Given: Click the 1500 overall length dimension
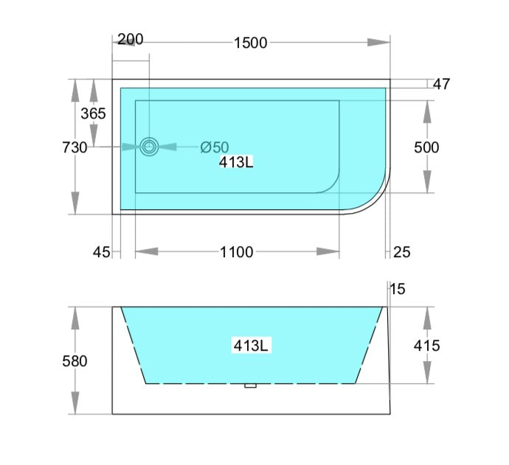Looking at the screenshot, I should tap(250, 43).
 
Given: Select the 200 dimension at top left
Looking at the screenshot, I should tap(130, 38).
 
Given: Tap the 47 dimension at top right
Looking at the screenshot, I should tap(441, 84).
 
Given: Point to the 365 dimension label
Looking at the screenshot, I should tap(93, 113).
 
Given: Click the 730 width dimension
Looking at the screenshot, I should tap(75, 147).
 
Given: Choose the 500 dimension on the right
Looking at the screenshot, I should tap(426, 147).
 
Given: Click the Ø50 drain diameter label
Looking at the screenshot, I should tap(215, 147).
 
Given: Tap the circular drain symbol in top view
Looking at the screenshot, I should tap(150, 147).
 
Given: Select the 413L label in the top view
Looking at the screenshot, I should tap(236, 163).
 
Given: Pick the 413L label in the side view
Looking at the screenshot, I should tap(251, 345).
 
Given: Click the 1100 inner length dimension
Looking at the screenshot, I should tap(236, 252).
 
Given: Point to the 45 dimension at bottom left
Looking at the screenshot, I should tap(101, 252).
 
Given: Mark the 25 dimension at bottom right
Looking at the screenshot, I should tap(401, 252).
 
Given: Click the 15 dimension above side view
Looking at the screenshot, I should tap(398, 290).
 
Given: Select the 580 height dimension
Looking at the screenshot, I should tap(75, 361).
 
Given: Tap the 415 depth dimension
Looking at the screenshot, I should tap(426, 345).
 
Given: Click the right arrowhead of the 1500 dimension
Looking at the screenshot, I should tap(379, 43).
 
